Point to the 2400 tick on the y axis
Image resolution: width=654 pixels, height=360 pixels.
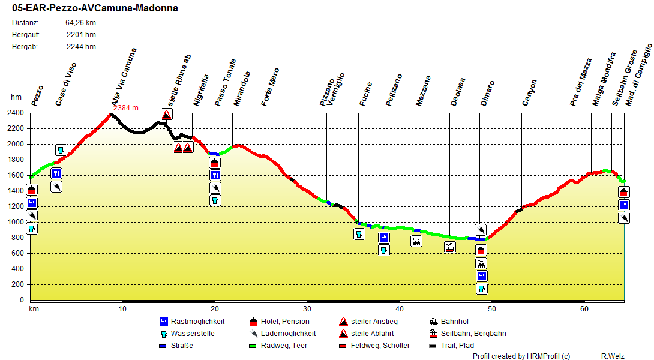(x=16, y=113)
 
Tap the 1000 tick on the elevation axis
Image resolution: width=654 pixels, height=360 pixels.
(x=16, y=222)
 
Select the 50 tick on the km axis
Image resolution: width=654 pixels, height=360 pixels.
(x=492, y=309)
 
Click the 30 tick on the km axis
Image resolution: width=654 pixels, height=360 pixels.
(x=307, y=309)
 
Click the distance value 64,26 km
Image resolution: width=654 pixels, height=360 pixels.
(x=80, y=23)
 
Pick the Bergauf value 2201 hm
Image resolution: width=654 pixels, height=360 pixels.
(x=81, y=35)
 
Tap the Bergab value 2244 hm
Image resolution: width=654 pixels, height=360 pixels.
(x=81, y=47)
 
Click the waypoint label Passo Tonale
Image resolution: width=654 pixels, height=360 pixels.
(x=226, y=83)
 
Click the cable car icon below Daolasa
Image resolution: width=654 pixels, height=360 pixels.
(x=449, y=247)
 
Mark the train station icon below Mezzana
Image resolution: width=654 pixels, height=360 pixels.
(x=416, y=241)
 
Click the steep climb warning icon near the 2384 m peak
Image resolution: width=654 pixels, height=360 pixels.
(x=167, y=114)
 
